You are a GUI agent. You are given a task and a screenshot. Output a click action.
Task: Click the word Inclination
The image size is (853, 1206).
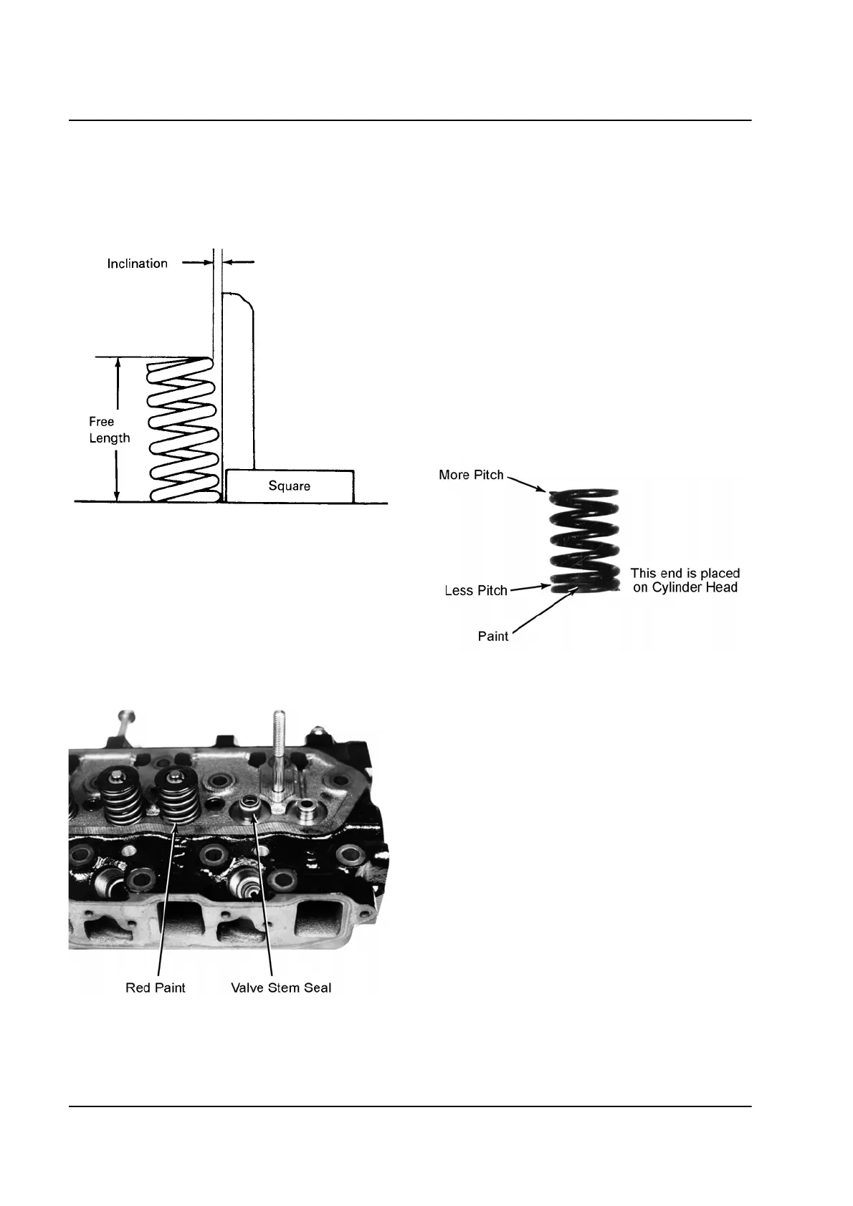coord(137,264)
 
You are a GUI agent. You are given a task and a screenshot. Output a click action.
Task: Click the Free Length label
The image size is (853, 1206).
coord(109,430)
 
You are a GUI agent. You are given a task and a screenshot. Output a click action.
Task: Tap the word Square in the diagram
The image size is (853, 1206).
coord(289,486)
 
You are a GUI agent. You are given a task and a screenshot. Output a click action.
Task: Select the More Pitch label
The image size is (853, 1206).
coord(471,476)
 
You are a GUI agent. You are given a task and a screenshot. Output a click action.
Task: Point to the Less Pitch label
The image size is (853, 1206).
coord(476,591)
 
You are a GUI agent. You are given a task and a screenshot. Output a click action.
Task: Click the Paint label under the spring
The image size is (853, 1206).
coord(493,637)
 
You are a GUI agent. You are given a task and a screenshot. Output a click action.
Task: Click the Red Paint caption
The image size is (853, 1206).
coord(155,988)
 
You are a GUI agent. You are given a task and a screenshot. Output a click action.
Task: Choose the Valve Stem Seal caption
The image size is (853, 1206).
coord(281,988)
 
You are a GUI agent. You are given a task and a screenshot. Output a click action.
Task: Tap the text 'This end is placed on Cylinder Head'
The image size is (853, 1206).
coord(685,580)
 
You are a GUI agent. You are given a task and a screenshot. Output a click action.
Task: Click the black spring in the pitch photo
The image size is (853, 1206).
coord(583,541)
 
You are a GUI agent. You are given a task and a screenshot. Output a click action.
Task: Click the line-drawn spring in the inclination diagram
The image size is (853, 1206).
coord(183,430)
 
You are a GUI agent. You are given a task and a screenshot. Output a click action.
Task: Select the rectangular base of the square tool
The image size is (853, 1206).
coord(290,486)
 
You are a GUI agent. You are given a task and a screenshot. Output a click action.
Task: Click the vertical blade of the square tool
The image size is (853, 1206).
coord(237,380)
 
